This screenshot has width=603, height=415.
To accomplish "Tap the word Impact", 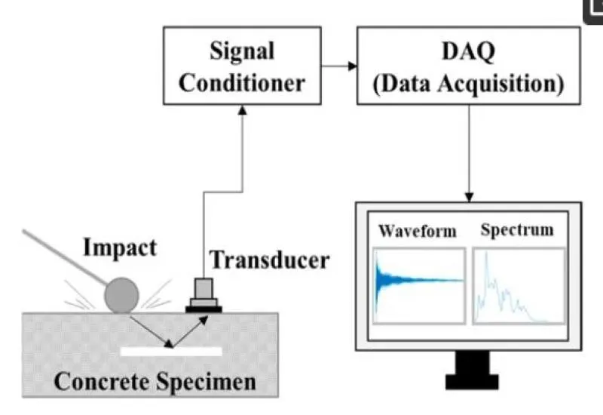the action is [120, 247].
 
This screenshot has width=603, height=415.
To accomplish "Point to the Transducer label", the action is [269, 260].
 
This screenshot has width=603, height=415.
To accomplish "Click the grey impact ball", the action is [121, 295].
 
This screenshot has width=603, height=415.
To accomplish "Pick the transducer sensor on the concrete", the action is [204, 295].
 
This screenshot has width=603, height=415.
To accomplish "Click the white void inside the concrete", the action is [171, 352].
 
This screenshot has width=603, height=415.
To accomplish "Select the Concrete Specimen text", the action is [155, 382].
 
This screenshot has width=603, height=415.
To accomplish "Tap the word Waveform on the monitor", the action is [418, 231].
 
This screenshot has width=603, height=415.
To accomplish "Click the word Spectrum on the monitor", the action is [517, 230].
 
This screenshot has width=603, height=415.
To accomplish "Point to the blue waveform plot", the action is [419, 286].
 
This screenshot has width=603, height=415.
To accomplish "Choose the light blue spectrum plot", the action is [519, 286].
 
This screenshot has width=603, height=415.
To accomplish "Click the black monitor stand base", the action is [473, 382].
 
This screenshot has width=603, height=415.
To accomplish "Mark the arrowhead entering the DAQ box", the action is [353, 66].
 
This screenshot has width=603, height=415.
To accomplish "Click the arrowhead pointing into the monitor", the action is [469, 197].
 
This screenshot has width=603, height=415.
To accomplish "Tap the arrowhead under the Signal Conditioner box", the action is [242, 110].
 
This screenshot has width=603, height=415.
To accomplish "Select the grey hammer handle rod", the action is [64, 257].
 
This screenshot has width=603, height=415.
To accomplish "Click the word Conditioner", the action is [242, 83].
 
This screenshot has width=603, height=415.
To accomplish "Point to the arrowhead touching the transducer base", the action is [204, 319].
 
